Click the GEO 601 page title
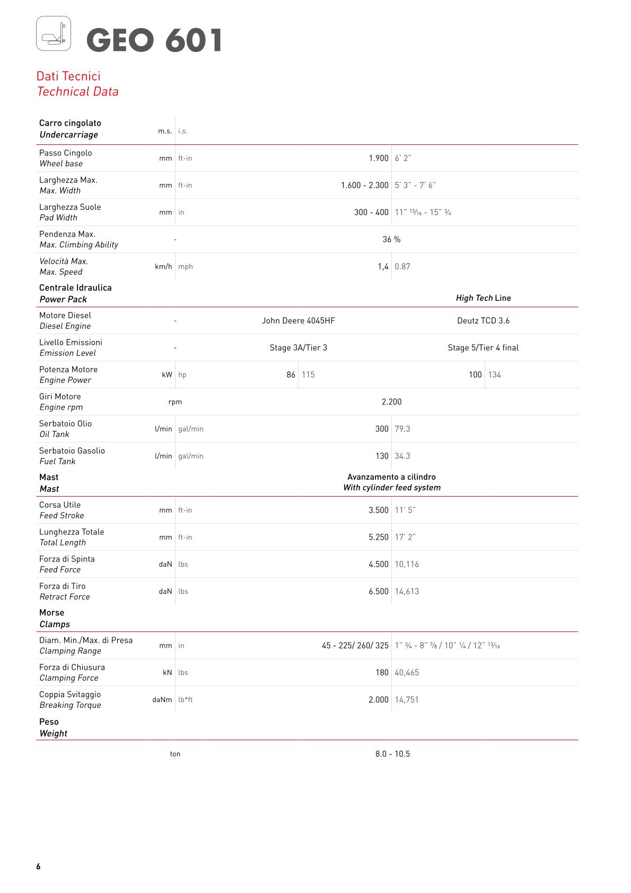(154, 41)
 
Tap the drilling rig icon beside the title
(54, 33)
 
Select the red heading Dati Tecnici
(68, 76)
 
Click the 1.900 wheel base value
(379, 158)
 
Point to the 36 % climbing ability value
(391, 239)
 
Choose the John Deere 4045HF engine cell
(298, 320)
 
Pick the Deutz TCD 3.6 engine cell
(483, 320)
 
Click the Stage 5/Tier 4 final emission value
(483, 348)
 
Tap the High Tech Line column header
(483, 298)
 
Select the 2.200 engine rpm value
(391, 402)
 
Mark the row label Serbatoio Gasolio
(72, 450)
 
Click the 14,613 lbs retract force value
(407, 591)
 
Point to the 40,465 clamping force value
(407, 672)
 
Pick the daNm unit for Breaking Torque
(162, 700)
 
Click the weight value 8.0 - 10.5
(392, 754)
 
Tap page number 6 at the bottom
(38, 866)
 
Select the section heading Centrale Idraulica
(75, 288)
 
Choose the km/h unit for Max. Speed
(163, 266)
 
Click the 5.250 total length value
(379, 537)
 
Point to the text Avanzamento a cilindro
(391, 477)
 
